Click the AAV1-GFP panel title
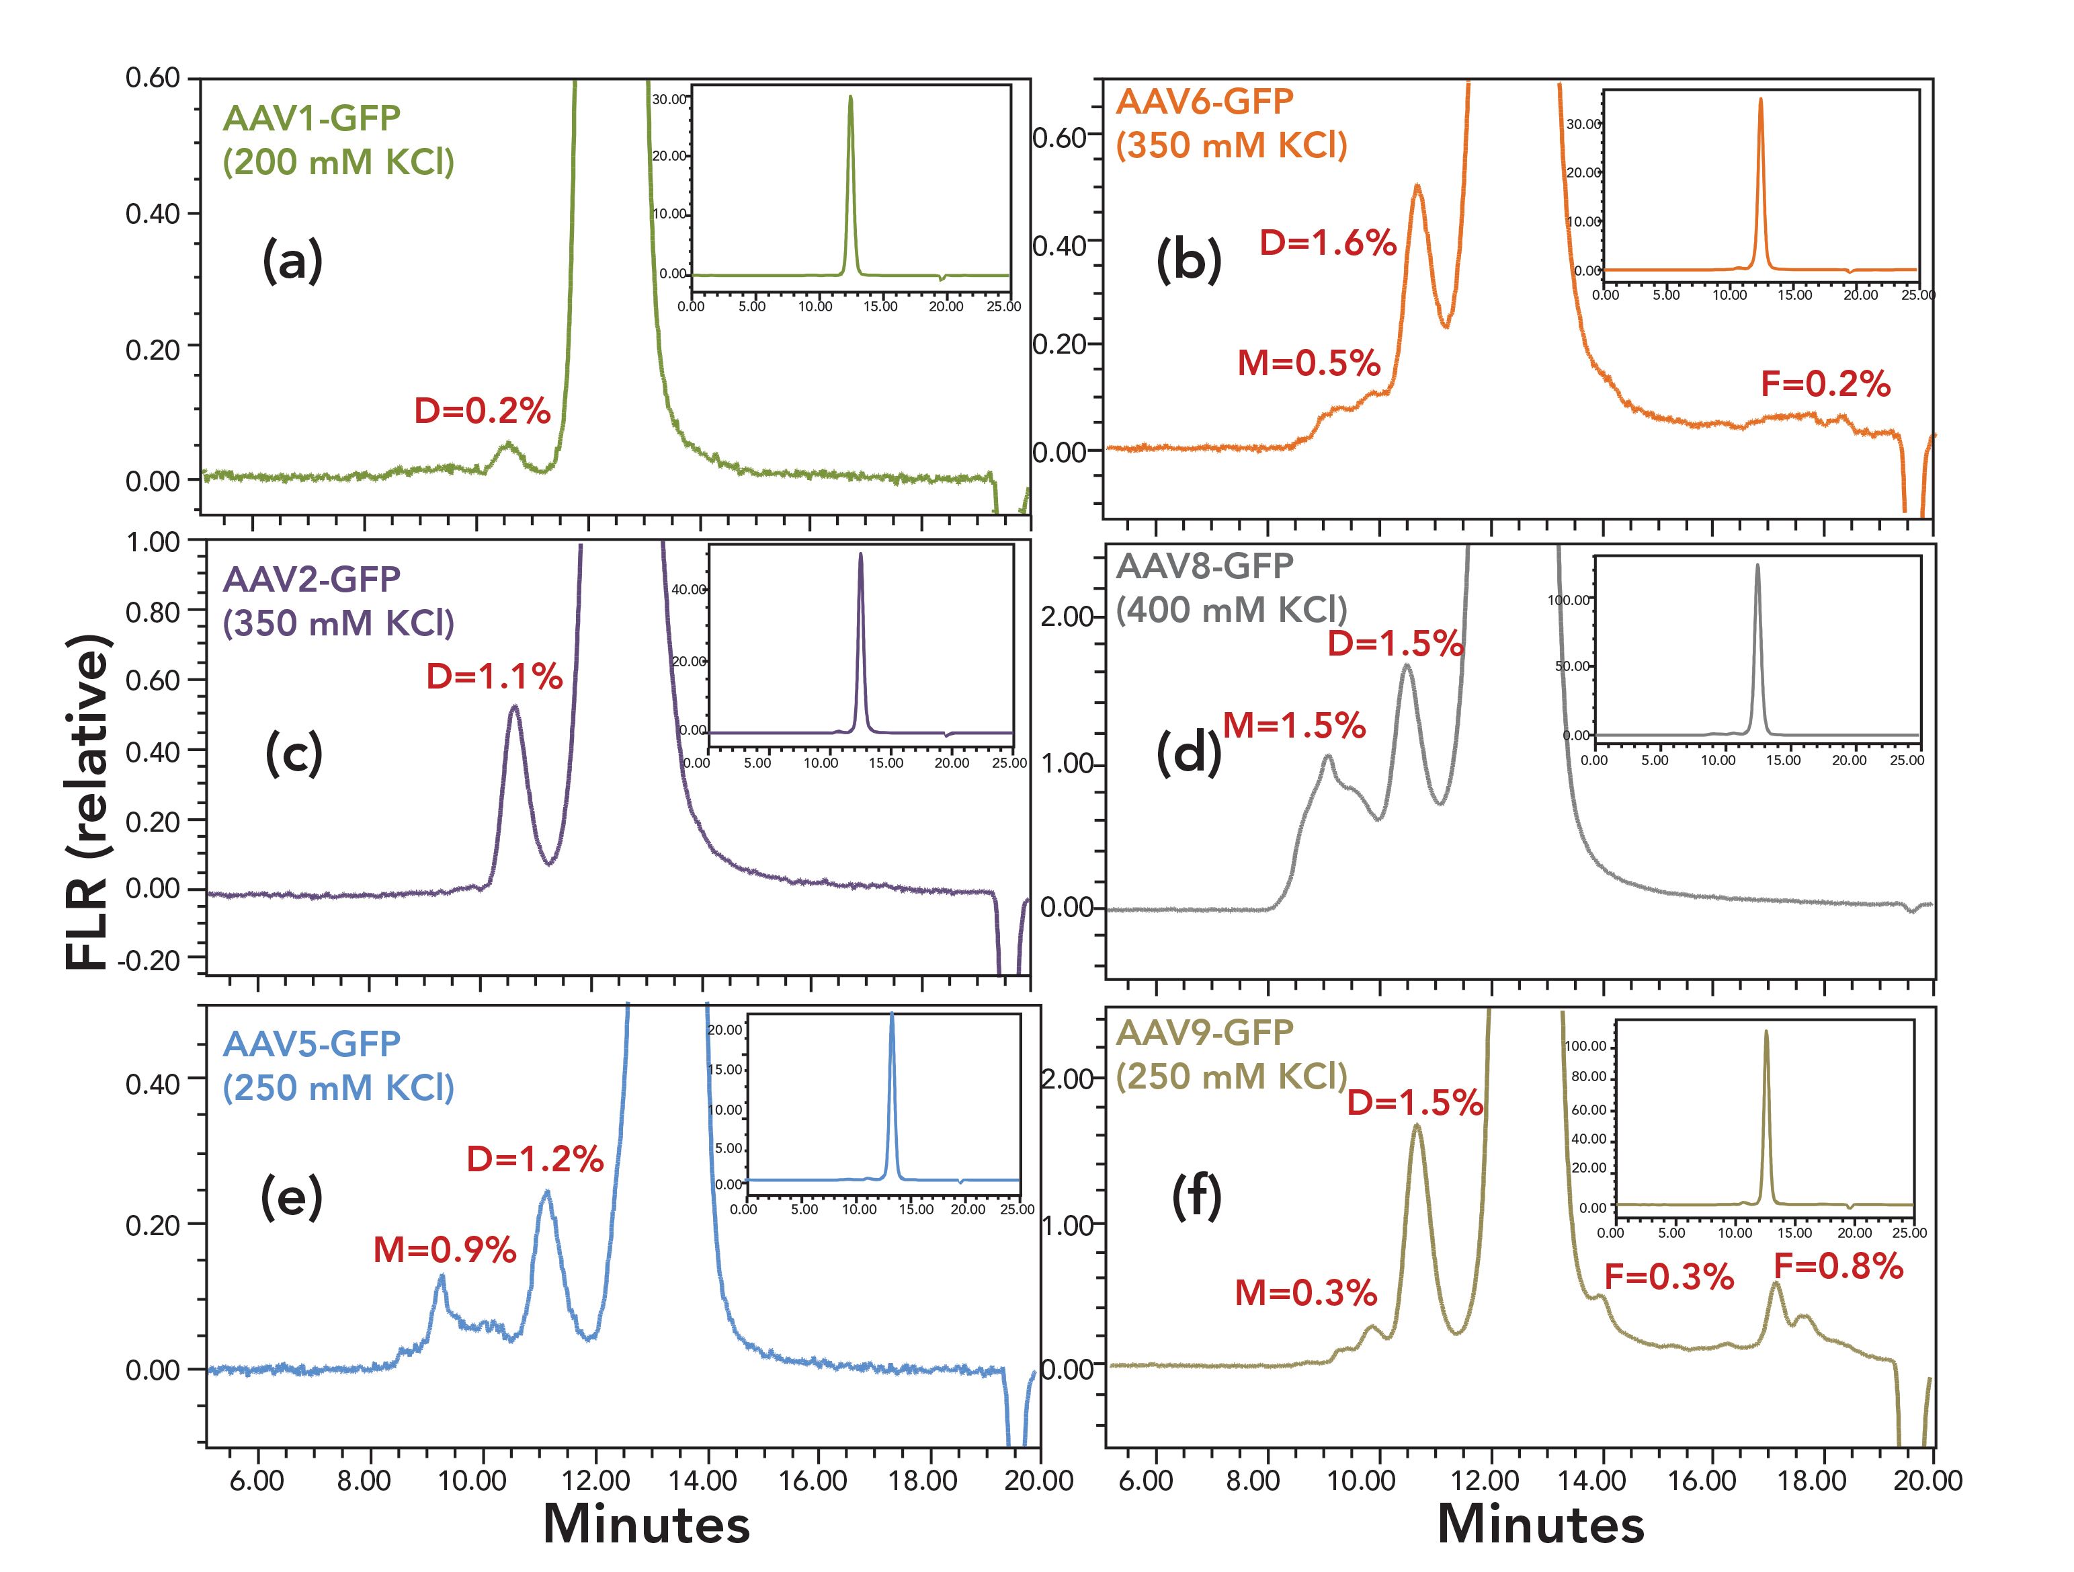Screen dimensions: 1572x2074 [x=311, y=118]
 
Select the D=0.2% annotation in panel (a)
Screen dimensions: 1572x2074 [x=482, y=411]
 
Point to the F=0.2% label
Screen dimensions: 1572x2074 [x=1825, y=384]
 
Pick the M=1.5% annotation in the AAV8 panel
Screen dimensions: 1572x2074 [x=1294, y=725]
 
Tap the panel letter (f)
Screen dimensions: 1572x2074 [x=1196, y=1200]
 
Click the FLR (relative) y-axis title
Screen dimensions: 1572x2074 [x=89, y=802]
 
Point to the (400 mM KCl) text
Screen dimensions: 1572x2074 [x=1231, y=611]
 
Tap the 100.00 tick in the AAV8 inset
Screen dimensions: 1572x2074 [x=1569, y=599]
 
